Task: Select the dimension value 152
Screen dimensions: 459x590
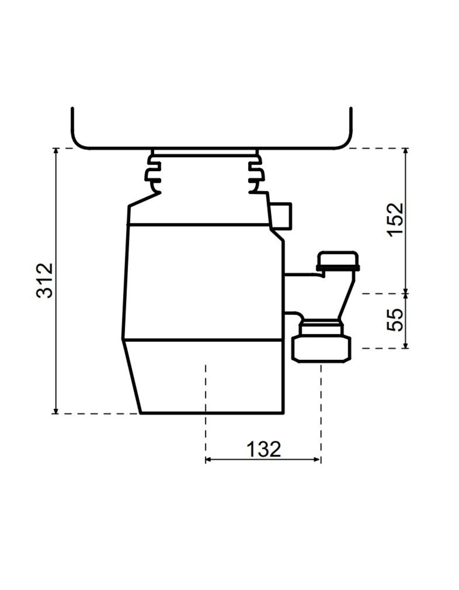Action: (x=395, y=220)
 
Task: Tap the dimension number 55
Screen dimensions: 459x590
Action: (x=395, y=320)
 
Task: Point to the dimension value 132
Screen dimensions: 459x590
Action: (x=264, y=450)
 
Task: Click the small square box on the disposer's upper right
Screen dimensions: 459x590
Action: (x=281, y=216)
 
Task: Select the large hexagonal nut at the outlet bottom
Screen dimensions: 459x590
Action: (x=321, y=349)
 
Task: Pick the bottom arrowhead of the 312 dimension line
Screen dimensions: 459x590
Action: (x=56, y=411)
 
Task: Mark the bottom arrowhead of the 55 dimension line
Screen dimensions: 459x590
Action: (x=405, y=345)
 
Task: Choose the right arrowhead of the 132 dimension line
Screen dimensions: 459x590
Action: (x=317, y=460)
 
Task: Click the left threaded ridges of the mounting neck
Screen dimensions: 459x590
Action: (x=153, y=173)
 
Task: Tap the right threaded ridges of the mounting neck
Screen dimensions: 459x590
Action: (x=256, y=173)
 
